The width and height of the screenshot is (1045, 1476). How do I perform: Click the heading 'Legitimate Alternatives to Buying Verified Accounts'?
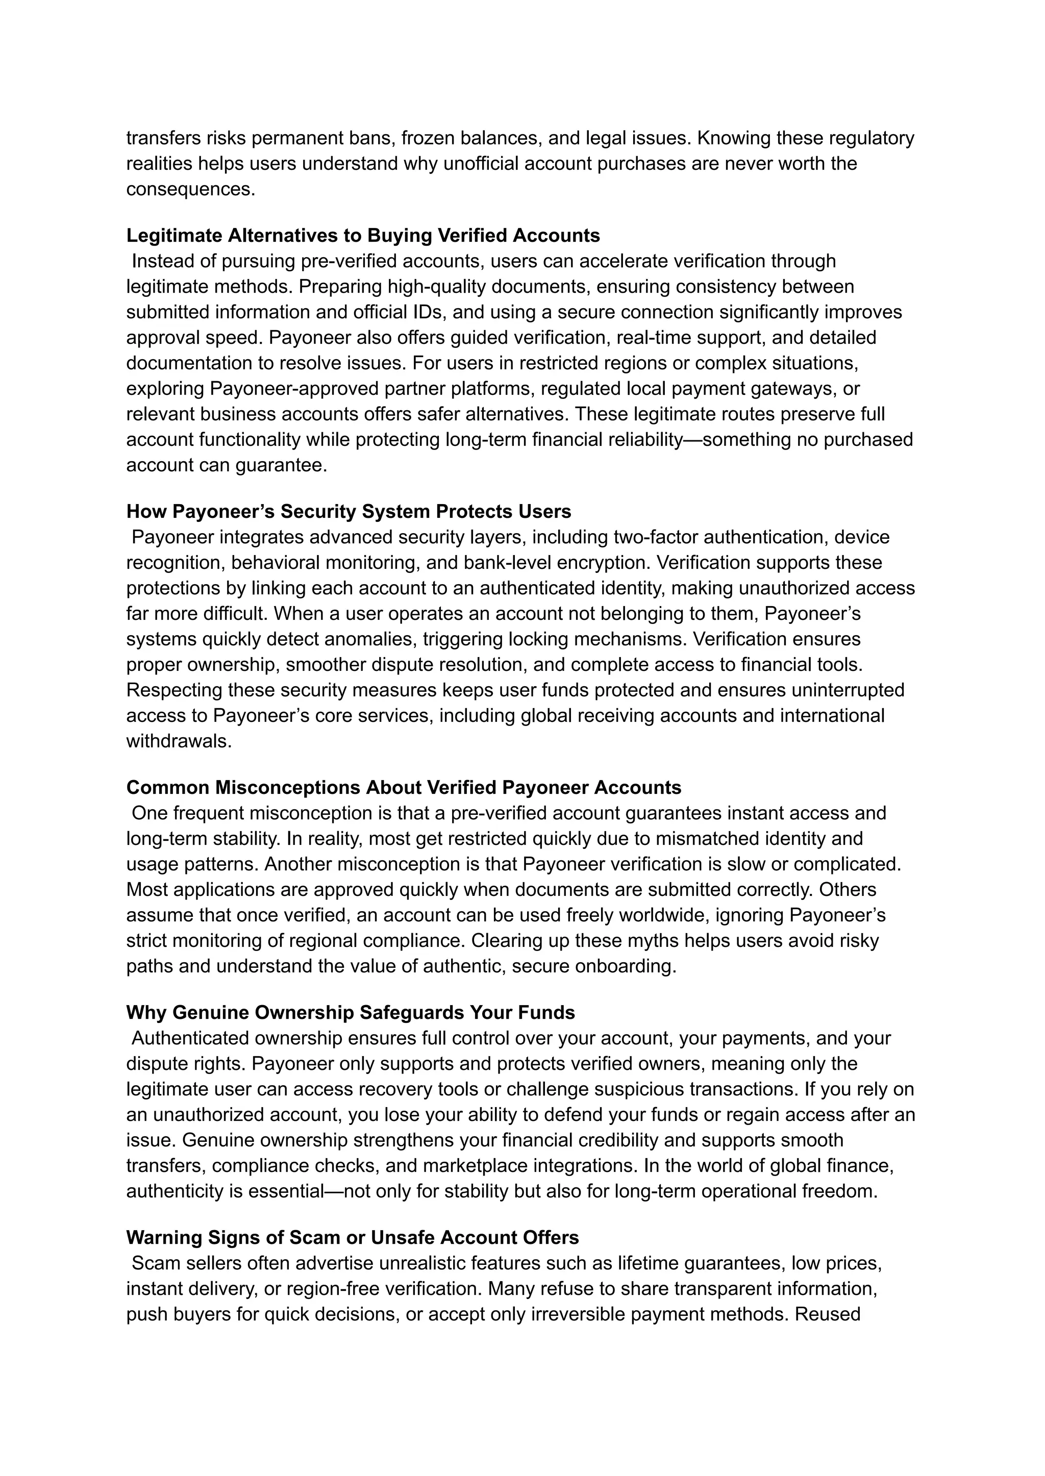363,236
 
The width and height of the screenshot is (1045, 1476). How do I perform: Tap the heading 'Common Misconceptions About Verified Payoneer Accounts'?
404,788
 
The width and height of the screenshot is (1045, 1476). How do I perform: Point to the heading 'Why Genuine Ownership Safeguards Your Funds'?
350,1012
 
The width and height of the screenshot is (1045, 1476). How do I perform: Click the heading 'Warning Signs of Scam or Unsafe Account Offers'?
352,1237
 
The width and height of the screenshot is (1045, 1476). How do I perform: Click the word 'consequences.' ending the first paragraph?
190,189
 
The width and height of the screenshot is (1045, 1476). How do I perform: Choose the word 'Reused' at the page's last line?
828,1314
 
